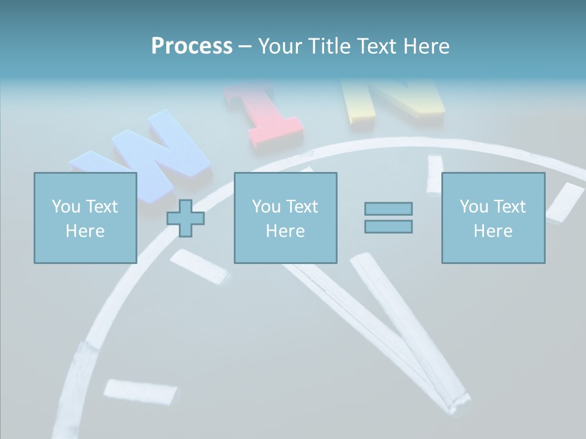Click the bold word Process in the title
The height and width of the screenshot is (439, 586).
tap(192, 46)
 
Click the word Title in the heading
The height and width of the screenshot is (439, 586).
tap(327, 46)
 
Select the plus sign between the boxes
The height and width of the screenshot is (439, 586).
tap(186, 218)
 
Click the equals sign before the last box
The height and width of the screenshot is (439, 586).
tap(388, 218)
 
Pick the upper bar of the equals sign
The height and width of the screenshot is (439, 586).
tap(388, 209)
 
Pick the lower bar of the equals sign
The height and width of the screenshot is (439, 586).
tap(388, 226)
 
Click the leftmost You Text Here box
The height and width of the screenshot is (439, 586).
tap(85, 218)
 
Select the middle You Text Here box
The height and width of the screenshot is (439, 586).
tap(285, 218)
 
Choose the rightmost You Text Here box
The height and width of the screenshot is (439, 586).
tap(493, 218)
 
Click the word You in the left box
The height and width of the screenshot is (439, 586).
tap(66, 207)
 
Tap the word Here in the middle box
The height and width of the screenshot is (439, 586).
tap(285, 231)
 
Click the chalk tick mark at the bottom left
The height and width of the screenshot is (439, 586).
tap(140, 390)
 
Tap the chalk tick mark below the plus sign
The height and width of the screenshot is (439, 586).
tap(200, 266)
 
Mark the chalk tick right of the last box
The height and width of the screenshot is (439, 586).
tap(565, 201)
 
